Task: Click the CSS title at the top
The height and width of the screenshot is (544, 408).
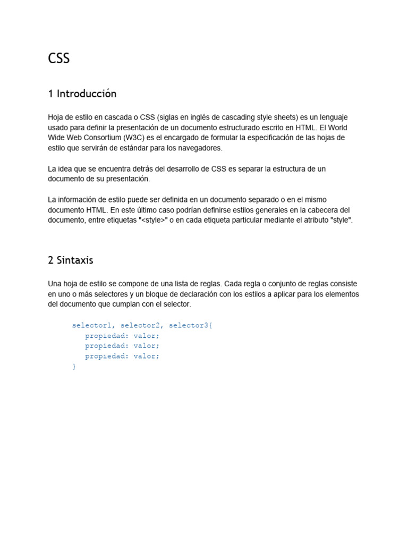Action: [58, 58]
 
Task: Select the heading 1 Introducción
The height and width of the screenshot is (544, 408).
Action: [82, 94]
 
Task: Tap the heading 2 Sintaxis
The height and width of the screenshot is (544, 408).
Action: [70, 260]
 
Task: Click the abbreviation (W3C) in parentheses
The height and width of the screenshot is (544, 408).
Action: [137, 138]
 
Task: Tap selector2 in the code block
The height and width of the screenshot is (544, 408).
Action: [140, 325]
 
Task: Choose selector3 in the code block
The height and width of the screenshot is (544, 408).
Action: [189, 325]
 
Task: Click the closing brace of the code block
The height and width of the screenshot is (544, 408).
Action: [74, 367]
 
